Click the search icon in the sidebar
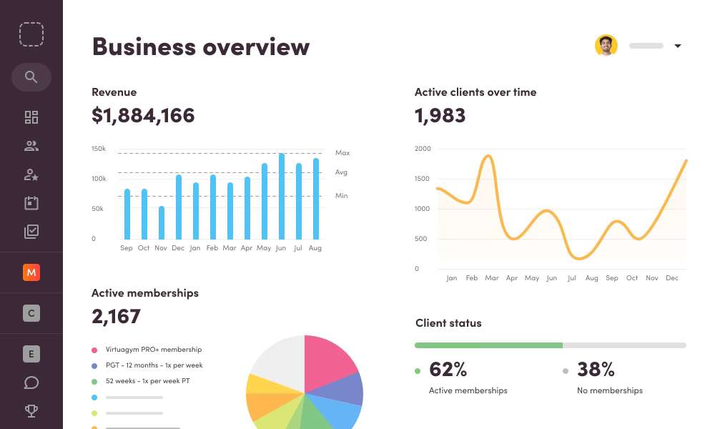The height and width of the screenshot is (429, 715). (31, 77)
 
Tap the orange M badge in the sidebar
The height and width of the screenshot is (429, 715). (31, 272)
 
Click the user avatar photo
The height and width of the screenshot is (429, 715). (606, 46)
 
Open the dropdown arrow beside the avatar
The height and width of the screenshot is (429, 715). (678, 46)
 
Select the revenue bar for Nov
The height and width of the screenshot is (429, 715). (162, 222)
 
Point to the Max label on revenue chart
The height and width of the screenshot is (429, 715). (342, 153)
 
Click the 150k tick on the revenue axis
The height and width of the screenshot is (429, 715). (99, 149)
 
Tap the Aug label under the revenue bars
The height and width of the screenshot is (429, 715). (315, 248)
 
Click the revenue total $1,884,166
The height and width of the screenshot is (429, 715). (143, 115)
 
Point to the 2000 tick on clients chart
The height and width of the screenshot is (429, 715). (423, 149)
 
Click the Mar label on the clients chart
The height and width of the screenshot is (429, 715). (491, 278)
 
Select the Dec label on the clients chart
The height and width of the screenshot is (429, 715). (671, 278)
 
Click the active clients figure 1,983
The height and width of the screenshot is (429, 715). (440, 115)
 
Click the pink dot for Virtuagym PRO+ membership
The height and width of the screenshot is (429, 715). (94, 350)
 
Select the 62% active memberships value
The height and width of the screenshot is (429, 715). (448, 370)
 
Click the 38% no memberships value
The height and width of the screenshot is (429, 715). (596, 370)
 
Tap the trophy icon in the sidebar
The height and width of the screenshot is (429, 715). (31, 411)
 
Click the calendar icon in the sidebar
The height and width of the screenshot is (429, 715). (31, 203)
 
